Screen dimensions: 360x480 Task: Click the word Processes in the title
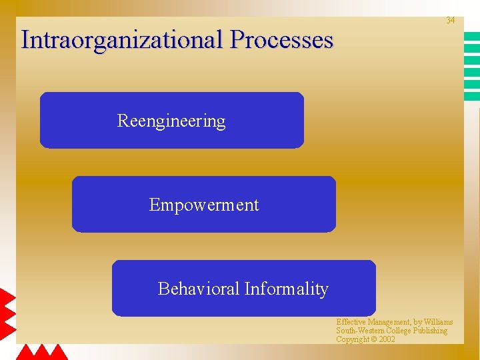click(x=281, y=40)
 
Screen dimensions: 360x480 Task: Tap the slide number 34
click(x=450, y=21)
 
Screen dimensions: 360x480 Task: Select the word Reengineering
click(x=171, y=121)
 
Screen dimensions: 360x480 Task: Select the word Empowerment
click(x=203, y=205)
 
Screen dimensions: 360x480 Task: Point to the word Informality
click(x=286, y=289)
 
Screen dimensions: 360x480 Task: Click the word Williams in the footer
click(x=438, y=322)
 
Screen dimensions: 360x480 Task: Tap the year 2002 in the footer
click(x=387, y=339)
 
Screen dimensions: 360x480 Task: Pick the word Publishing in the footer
click(x=431, y=331)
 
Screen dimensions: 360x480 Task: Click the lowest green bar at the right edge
click(x=471, y=96)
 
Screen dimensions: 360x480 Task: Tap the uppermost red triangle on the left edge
click(x=6, y=297)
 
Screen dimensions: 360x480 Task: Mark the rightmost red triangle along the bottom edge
click(x=59, y=352)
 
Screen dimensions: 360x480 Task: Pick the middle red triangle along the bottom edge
click(x=42, y=352)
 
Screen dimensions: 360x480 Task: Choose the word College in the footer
click(x=397, y=331)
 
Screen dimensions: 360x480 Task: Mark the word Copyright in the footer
click(x=352, y=339)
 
